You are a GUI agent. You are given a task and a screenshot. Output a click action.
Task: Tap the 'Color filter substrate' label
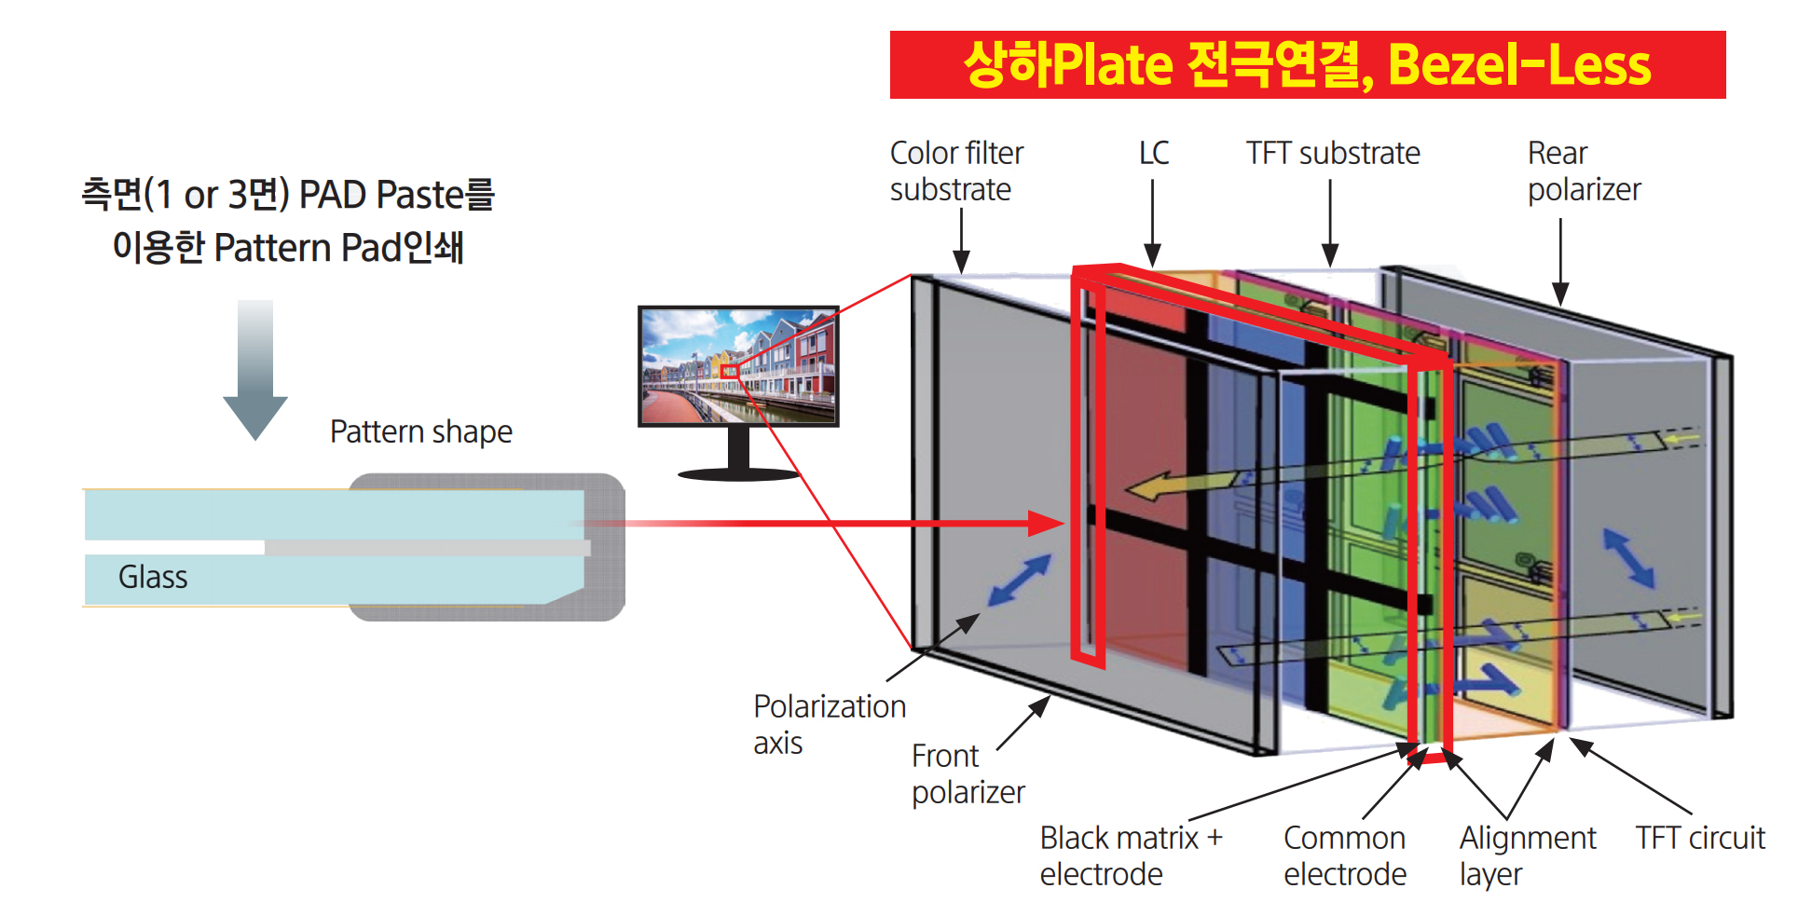point(955,171)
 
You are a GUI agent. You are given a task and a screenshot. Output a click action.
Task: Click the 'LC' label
point(1153,153)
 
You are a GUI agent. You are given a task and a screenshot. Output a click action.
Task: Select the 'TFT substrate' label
point(1332,153)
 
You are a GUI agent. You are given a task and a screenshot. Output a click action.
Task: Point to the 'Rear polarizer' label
point(1583,171)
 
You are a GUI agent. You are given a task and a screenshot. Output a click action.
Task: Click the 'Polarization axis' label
point(829,724)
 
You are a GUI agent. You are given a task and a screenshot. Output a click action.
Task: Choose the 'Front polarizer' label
point(968,773)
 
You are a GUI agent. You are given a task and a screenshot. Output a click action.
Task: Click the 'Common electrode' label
point(1344,855)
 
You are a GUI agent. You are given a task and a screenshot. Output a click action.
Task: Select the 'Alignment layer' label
point(1527,855)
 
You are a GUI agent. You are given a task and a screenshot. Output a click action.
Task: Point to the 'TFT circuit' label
point(1699,838)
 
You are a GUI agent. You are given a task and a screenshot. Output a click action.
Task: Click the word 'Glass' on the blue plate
point(153,578)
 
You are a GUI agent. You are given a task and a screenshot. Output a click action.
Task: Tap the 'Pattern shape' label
point(420,431)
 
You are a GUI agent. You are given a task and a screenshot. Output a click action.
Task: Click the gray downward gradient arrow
point(254,369)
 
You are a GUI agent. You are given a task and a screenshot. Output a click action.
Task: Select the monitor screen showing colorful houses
point(737,365)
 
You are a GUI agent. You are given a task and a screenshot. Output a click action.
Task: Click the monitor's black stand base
point(738,474)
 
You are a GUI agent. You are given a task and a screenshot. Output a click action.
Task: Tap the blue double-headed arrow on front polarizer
point(1020,580)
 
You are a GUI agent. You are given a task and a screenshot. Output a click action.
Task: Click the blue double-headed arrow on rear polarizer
point(1628,557)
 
